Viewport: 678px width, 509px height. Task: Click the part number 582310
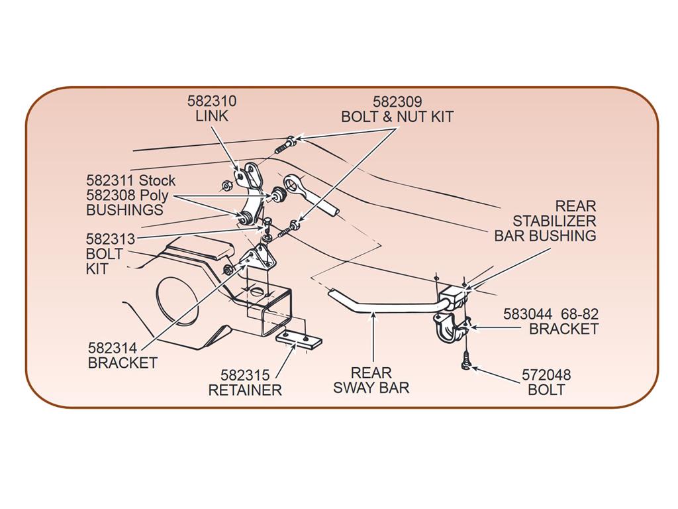(x=212, y=101)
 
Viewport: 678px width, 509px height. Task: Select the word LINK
(x=212, y=116)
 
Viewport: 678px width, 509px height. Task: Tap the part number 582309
(x=397, y=101)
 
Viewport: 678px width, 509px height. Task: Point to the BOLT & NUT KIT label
(x=397, y=117)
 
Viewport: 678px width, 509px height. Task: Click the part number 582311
(x=111, y=180)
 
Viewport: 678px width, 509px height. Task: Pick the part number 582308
(x=111, y=195)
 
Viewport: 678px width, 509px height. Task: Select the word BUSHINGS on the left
(x=125, y=210)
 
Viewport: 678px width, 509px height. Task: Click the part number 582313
(x=111, y=239)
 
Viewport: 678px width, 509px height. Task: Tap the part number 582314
(x=113, y=348)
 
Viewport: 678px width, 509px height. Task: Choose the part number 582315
(x=245, y=375)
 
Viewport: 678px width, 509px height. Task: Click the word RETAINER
(x=245, y=390)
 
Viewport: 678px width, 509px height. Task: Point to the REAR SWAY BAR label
(x=371, y=380)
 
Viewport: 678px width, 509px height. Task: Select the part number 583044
(x=528, y=313)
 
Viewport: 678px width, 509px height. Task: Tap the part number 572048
(x=546, y=374)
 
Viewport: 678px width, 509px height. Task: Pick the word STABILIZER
(x=554, y=221)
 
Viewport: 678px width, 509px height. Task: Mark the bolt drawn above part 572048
(x=465, y=361)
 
